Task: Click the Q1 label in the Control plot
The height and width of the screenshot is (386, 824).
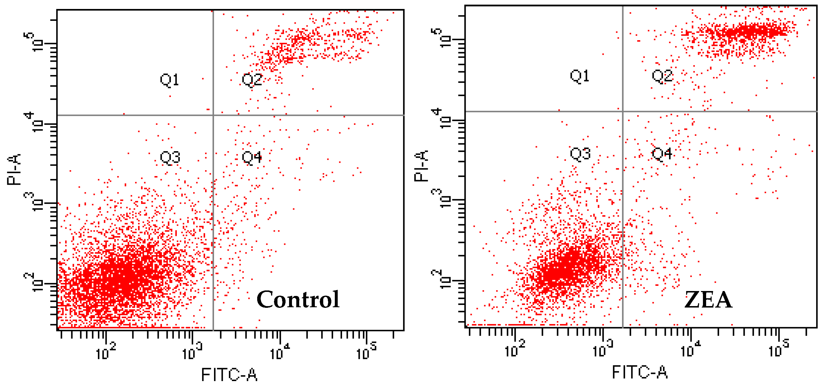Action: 169,80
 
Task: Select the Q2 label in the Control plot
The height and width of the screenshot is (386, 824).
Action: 252,80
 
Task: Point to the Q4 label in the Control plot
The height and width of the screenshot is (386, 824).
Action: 252,157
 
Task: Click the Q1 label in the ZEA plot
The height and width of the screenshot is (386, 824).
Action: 579,76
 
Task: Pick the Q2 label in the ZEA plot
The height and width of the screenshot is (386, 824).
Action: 662,76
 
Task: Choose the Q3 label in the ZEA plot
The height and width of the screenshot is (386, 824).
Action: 580,154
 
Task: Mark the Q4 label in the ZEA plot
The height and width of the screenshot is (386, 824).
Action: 662,154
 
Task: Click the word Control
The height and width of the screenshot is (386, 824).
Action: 298,299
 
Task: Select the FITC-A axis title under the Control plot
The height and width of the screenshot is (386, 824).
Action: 229,374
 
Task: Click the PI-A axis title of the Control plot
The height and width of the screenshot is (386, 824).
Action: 14,169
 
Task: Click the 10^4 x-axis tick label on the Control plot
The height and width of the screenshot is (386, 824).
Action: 279,352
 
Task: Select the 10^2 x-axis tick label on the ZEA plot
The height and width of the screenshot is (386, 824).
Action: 515,350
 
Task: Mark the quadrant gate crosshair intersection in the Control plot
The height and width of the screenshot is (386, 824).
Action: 213,115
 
